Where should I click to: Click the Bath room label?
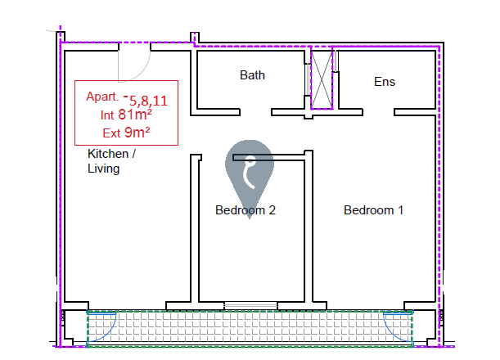(x=252, y=75)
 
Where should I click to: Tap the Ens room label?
(x=385, y=82)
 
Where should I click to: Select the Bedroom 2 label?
(x=245, y=210)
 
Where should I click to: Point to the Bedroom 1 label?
(x=373, y=210)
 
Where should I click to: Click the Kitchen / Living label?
(x=111, y=161)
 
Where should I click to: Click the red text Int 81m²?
(x=126, y=115)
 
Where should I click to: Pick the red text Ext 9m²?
(x=126, y=133)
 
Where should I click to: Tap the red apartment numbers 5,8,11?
(x=148, y=101)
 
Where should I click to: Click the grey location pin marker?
(x=250, y=169)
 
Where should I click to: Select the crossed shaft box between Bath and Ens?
(x=322, y=79)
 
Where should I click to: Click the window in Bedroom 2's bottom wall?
(x=250, y=305)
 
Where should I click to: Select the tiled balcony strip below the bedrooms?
(x=250, y=328)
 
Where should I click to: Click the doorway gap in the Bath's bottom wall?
(x=255, y=112)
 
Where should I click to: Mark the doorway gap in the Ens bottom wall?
(x=379, y=112)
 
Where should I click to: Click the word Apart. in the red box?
(x=102, y=97)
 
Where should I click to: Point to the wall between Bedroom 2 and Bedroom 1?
(x=309, y=227)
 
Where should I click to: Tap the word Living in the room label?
(x=104, y=169)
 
